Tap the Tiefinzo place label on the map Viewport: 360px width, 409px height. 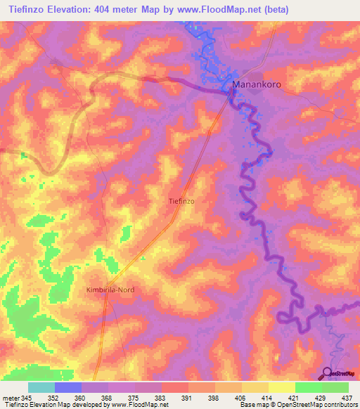click(181, 201)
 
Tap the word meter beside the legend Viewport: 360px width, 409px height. click(10, 398)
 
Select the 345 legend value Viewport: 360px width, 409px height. click(27, 398)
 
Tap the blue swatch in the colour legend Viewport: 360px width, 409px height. click(67, 387)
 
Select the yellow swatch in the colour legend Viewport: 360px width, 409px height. click(282, 387)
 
